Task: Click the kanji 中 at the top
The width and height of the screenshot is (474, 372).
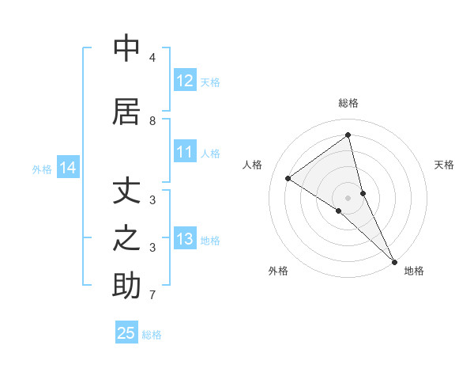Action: point(127,48)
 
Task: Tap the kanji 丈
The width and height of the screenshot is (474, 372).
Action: point(127,192)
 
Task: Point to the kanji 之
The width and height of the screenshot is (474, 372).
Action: point(127,238)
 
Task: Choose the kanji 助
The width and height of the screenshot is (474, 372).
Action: point(127,285)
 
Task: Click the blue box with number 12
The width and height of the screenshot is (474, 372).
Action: point(185,81)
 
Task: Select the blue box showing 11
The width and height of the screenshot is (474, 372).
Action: point(185,153)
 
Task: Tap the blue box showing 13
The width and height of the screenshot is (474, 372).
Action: point(185,240)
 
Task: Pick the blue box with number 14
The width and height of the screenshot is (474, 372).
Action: point(68,168)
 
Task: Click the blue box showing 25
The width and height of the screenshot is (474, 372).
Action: point(126,333)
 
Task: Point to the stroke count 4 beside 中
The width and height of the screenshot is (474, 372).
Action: point(152,58)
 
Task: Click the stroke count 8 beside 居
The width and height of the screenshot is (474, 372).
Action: point(152,121)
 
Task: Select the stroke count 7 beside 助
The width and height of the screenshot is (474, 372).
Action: point(152,295)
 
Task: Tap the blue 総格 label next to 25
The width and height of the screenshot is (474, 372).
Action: point(152,335)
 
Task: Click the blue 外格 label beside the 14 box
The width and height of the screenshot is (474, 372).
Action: point(42,169)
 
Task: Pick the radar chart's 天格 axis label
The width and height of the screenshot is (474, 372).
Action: point(445,165)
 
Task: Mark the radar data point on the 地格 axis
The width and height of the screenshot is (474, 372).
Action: point(394,261)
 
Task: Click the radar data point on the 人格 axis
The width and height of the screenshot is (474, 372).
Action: point(288,178)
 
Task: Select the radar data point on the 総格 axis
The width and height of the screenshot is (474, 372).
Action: point(348,135)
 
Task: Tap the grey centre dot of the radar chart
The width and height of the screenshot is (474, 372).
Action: point(348,197)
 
